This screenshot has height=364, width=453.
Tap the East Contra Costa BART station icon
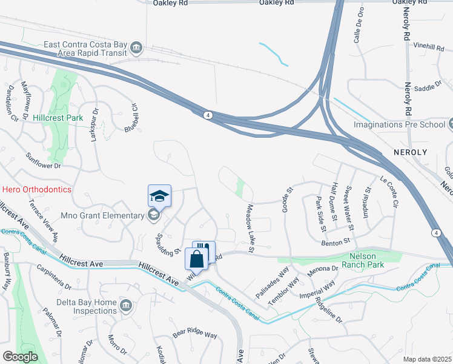pyautogui.click(x=137, y=47)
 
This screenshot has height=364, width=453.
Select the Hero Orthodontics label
pyautogui.click(x=36, y=189)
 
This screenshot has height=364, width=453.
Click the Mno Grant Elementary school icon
pyautogui.click(x=153, y=215)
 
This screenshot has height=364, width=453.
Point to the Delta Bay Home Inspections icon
pyautogui.click(x=126, y=304)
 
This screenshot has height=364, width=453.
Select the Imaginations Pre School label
pyautogui.click(x=400, y=125)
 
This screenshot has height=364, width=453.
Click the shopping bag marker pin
pyautogui.click(x=197, y=260)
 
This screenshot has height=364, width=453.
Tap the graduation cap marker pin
pyautogui.click(x=159, y=196)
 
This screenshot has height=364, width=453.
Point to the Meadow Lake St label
pyautogui.click(x=249, y=228)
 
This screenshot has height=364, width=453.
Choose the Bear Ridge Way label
pyautogui.click(x=194, y=334)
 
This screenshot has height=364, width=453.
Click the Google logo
pyautogui.click(x=21, y=357)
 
